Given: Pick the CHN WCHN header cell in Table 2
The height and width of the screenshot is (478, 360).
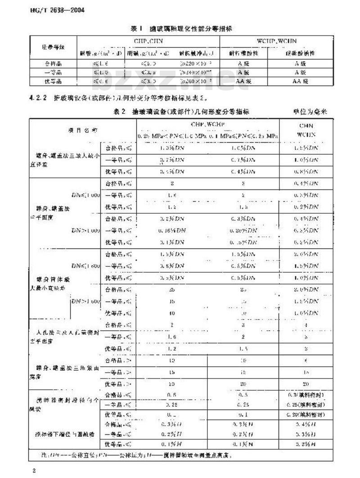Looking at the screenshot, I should [306, 130].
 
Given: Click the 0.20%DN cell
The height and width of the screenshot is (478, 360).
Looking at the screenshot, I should [243, 230].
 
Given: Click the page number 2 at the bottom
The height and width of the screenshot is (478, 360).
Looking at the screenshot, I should [34, 471].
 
